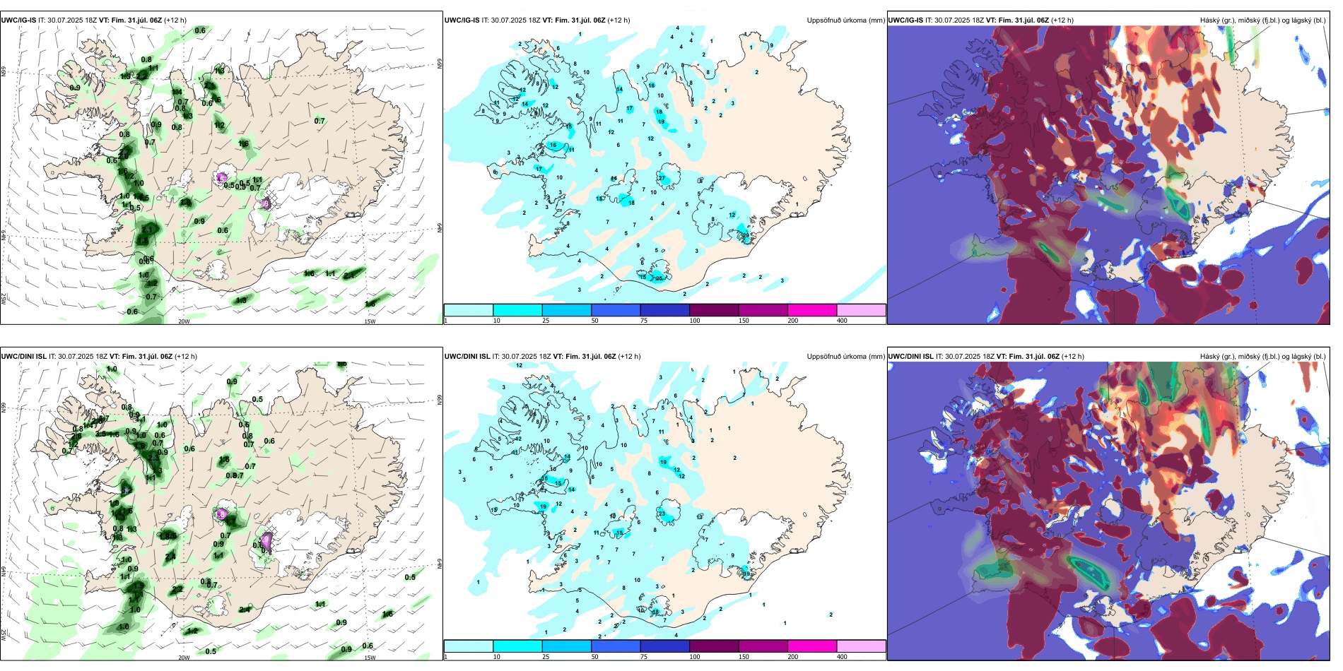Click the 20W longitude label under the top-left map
184,321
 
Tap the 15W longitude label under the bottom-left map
369,658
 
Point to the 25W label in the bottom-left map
4,635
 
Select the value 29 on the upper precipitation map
745,235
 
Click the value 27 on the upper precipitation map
662,178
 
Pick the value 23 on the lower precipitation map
662,513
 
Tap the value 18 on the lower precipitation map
656,612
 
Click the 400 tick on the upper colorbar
842,321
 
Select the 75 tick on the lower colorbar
644,657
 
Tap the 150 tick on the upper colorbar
744,321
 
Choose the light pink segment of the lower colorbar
861,646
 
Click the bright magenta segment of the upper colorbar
812,310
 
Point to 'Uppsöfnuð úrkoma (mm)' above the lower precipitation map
845,357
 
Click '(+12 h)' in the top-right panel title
1061,20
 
